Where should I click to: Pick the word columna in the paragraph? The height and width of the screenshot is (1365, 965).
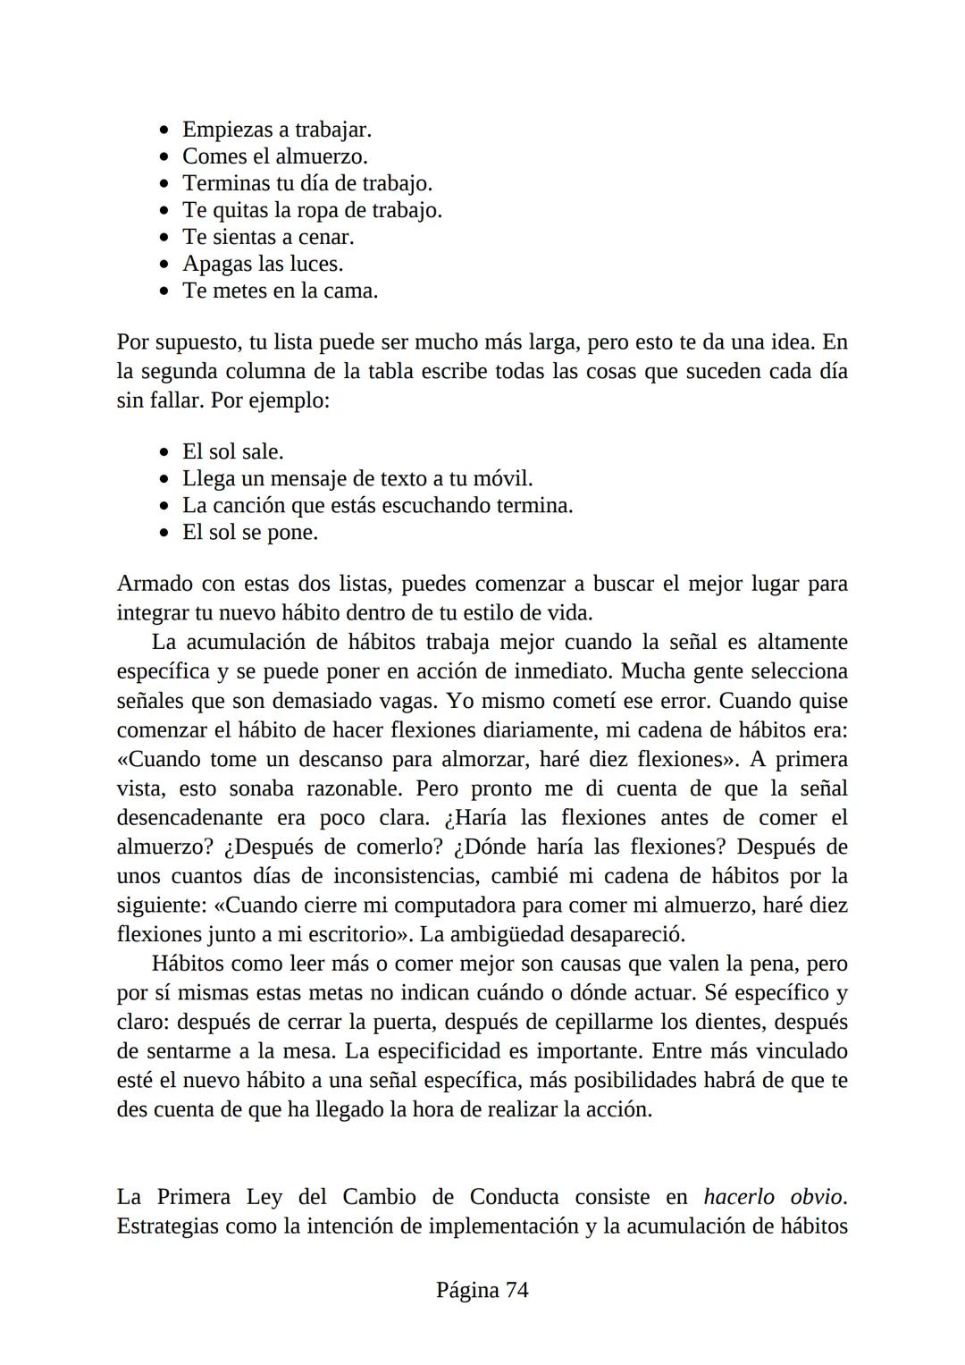266,371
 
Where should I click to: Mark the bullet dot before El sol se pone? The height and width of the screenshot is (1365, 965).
164,534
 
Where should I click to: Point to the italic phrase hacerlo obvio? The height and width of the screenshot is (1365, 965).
774,1197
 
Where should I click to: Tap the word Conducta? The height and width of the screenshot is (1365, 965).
515,1197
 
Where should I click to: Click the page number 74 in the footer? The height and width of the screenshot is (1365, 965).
516,1290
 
